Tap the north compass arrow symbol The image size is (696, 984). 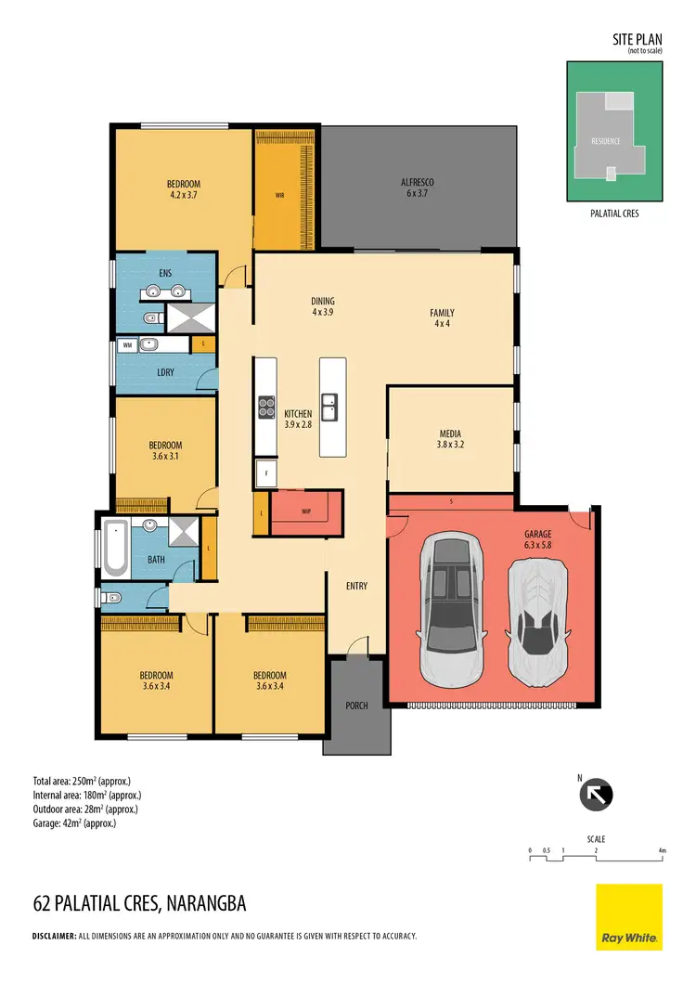597,796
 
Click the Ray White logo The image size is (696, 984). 628,917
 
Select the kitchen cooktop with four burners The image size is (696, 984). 265,406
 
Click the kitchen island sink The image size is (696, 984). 330,405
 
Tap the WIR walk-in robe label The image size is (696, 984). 279,196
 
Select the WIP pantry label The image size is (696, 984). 306,511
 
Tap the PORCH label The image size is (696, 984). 356,706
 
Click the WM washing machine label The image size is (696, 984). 127,345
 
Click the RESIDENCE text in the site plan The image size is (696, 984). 605,141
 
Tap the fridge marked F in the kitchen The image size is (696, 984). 266,473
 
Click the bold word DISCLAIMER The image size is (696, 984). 54,936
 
